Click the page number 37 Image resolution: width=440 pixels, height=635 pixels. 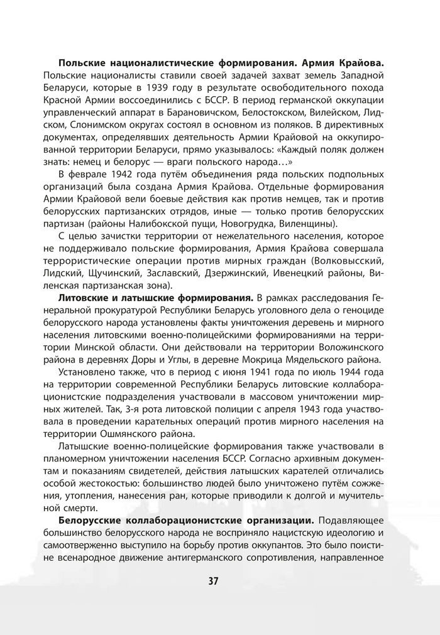tap(213, 580)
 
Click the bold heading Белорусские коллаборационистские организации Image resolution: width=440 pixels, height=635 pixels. tap(188, 521)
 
